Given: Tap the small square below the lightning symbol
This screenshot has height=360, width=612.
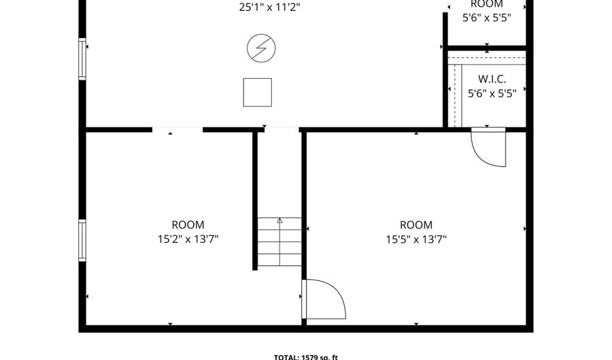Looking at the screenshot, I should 257,92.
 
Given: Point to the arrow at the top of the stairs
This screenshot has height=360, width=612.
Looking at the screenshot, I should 279,220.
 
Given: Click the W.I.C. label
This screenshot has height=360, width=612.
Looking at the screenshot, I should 492,79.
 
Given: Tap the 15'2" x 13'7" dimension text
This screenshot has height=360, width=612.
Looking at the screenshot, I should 188,239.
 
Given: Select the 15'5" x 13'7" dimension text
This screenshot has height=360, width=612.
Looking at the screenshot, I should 415,239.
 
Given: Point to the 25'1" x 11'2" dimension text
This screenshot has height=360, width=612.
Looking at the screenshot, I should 270,7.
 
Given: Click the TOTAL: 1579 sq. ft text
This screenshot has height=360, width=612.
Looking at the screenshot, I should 305,356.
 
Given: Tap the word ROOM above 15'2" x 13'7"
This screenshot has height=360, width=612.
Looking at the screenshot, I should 188,225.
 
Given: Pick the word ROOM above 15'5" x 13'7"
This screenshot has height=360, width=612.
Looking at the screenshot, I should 415,225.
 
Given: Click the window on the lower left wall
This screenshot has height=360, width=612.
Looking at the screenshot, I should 82,240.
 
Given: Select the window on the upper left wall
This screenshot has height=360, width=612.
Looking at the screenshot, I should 82,59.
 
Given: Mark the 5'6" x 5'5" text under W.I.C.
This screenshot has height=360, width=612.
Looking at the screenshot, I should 492,93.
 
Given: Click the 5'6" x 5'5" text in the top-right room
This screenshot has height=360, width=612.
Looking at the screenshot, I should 486,18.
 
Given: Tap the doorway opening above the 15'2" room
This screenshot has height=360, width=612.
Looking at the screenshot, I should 177,129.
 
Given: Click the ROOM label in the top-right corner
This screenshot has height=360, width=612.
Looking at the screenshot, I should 486,4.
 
